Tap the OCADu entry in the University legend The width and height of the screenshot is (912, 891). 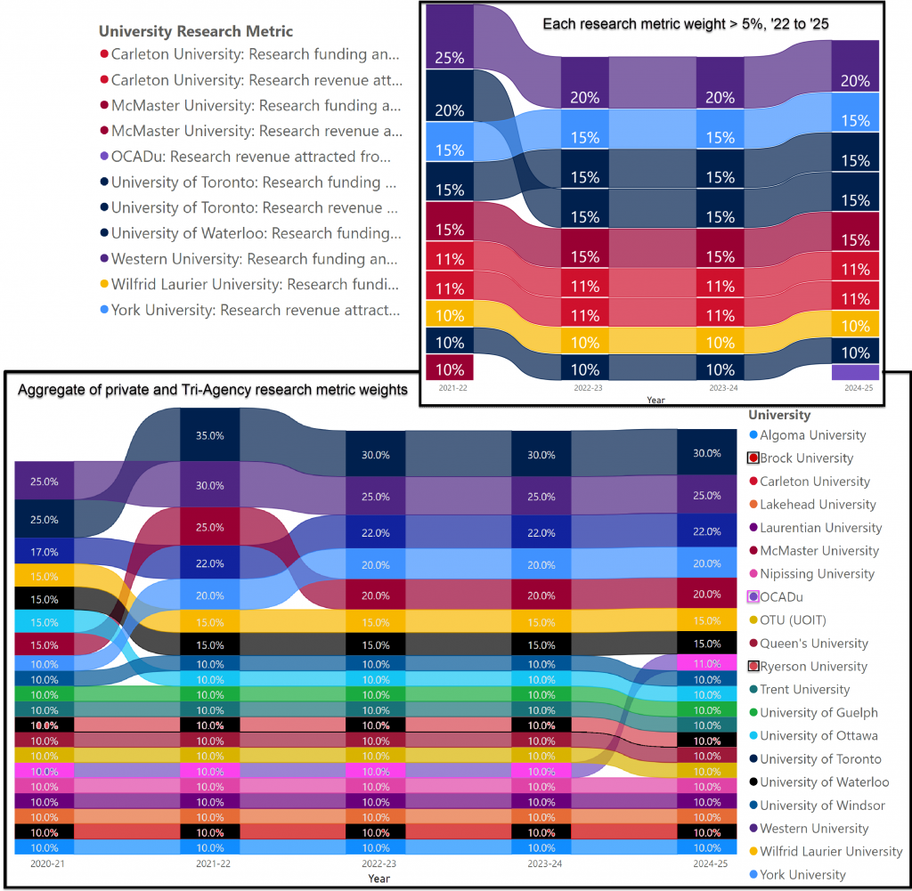point(783,597)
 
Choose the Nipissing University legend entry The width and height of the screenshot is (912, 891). point(817,574)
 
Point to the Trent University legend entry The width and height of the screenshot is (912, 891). point(804,690)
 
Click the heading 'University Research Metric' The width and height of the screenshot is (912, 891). point(195,31)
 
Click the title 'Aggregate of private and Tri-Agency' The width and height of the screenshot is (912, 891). point(214,389)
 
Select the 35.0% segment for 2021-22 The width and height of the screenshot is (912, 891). point(209,436)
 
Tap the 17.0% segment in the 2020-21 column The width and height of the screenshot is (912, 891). point(44,552)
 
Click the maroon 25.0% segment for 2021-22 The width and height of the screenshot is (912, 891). point(209,527)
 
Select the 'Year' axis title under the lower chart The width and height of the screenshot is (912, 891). point(379,879)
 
